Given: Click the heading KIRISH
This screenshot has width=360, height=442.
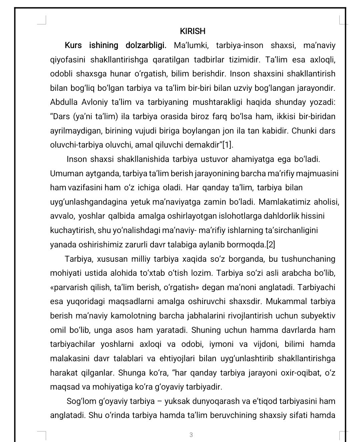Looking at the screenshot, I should (193, 31).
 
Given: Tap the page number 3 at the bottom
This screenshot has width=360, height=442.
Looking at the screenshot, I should (191, 435).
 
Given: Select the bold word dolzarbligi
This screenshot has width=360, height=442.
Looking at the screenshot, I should (146, 45).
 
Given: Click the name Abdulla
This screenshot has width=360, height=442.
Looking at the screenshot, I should (64, 102).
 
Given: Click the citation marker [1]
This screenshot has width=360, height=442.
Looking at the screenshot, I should (228, 145).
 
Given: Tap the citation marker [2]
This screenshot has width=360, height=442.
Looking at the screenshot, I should (271, 244).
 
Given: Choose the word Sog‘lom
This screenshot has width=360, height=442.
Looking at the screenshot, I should (81, 401).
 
